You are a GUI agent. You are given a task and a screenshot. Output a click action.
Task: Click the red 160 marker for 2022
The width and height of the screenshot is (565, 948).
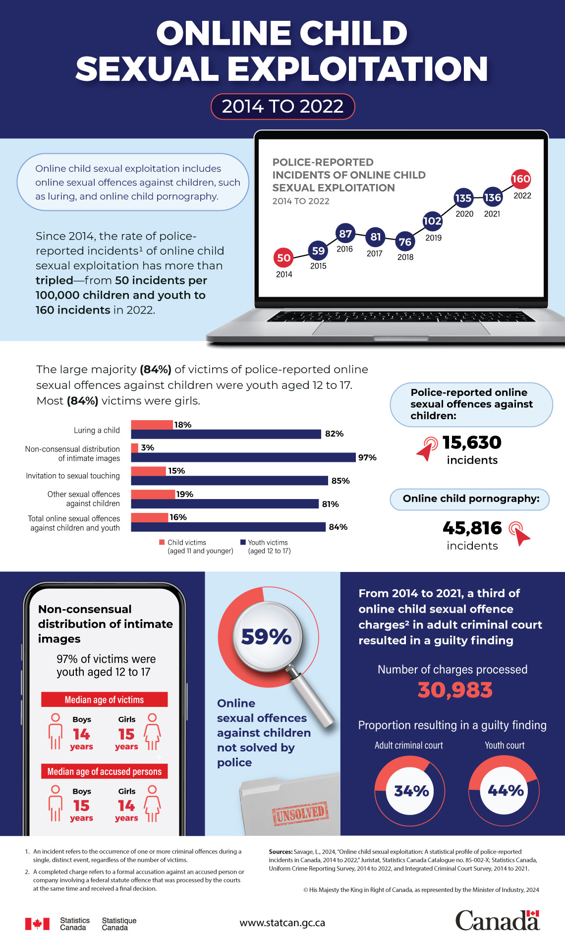(520, 179)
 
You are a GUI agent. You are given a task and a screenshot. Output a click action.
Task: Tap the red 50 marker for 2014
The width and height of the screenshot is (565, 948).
(283, 258)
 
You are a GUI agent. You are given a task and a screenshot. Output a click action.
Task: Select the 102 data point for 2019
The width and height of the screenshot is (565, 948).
(432, 221)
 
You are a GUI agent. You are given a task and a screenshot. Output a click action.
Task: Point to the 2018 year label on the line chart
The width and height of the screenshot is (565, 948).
(405, 257)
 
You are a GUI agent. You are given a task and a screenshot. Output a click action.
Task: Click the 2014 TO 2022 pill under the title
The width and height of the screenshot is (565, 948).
(282, 107)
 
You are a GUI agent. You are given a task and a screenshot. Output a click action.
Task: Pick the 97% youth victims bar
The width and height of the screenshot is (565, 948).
(243, 457)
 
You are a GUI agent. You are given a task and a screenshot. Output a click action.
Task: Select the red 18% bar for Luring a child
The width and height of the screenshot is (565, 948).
(152, 425)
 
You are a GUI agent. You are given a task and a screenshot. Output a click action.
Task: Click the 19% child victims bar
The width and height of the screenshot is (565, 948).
(153, 494)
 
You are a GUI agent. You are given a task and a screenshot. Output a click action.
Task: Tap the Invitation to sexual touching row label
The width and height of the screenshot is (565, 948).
(73, 476)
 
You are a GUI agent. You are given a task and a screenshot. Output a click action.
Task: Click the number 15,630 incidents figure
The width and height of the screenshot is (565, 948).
(471, 442)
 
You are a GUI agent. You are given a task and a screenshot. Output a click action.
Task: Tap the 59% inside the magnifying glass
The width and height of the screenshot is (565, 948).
(266, 637)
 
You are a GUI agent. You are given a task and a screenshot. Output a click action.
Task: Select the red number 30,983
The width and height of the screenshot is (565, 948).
(455, 690)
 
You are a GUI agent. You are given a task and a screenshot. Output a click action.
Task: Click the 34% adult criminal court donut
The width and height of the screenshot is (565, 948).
(410, 791)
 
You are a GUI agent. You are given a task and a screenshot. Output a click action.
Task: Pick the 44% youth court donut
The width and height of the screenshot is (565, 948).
(504, 791)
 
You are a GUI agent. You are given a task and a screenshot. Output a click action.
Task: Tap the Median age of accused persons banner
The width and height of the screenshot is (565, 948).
(105, 771)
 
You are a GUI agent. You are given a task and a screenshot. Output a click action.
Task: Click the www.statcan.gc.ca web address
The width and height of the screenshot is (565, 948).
(282, 923)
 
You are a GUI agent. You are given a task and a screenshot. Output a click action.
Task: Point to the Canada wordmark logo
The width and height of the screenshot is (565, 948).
(497, 921)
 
